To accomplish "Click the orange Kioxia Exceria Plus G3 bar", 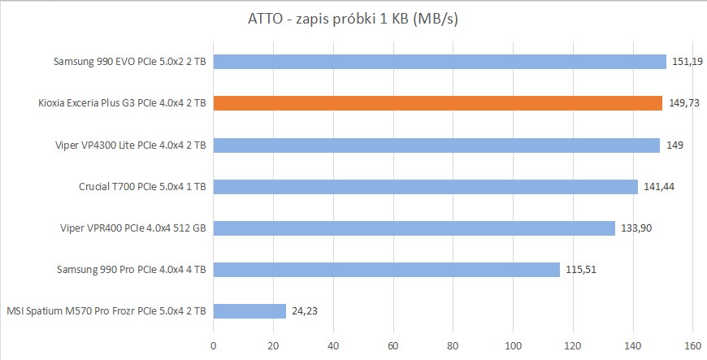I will (438, 103).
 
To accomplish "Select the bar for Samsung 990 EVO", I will (440, 62).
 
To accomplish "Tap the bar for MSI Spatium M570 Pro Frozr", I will (249, 310).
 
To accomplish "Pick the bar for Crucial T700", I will (425, 186).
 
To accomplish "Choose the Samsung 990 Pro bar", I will (387, 269).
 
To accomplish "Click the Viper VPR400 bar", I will (414, 228).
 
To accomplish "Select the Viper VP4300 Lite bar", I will (436, 145).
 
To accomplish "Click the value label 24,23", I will (306, 310).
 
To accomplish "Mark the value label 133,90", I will (635, 228).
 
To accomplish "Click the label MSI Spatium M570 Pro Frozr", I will (106, 310).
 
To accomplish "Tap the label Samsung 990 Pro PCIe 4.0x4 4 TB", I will (131, 269).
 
